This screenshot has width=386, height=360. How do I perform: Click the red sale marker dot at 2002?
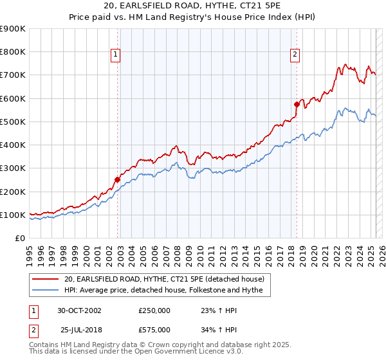click(x=118, y=179)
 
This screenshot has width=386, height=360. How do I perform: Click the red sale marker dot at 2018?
click(x=297, y=104)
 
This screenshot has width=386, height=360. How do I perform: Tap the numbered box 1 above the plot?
click(x=115, y=55)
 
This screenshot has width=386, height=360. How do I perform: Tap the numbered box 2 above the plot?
click(x=295, y=55)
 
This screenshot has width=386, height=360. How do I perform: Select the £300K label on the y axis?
click(x=13, y=168)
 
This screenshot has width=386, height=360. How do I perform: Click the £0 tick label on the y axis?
click(x=19, y=239)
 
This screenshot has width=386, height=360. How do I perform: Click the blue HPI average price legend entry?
click(x=167, y=291)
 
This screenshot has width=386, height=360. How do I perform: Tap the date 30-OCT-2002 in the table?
click(x=79, y=310)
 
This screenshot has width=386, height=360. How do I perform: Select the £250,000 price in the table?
click(x=154, y=310)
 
